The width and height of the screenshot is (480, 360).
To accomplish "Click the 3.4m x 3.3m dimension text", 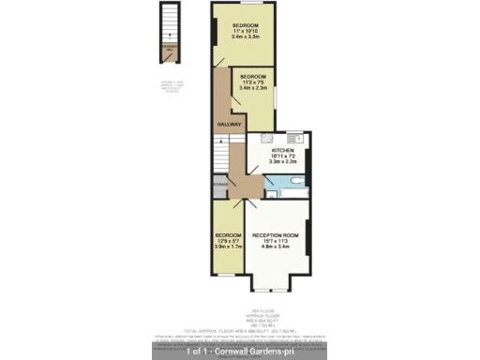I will pyautogui.click(x=246, y=37).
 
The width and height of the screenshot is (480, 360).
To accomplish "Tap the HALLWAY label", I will pyautogui.click(x=230, y=124).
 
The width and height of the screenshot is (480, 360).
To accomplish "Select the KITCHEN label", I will pyautogui.click(x=283, y=150).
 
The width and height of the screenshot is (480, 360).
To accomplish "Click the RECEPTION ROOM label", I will pyautogui.click(x=276, y=234).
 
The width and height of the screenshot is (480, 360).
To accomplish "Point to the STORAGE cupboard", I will pyautogui.click(x=220, y=185).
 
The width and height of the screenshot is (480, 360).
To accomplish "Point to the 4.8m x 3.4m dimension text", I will pyautogui.click(x=276, y=247).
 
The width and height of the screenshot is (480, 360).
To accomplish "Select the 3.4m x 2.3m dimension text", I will pyautogui.click(x=252, y=87).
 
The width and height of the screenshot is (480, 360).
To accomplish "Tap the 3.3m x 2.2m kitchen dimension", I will pyautogui.click(x=283, y=162).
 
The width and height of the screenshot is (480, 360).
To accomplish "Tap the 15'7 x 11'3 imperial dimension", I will pyautogui.click(x=276, y=241).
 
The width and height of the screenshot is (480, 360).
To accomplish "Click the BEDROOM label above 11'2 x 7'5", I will pyautogui.click(x=252, y=75).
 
